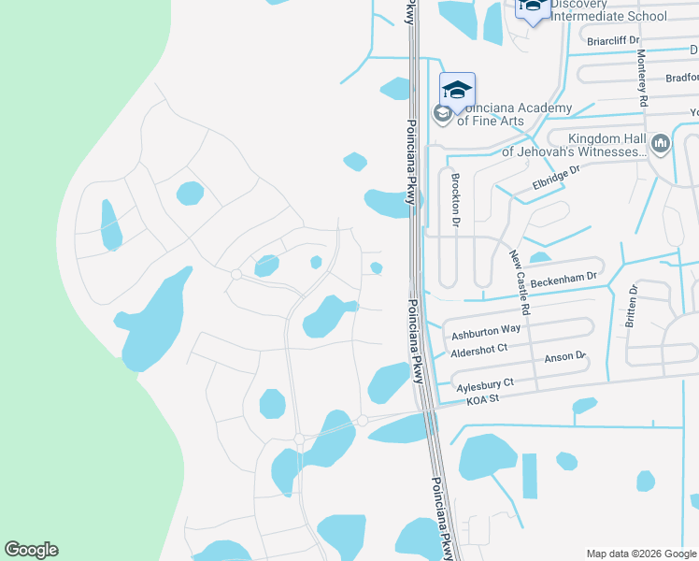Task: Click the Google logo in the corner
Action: [x=32, y=550]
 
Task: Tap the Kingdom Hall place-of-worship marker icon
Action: [x=662, y=144]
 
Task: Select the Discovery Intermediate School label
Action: [x=608, y=9]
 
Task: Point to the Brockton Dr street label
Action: [x=456, y=199]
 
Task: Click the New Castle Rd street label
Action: [x=520, y=281]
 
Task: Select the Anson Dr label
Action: [x=564, y=356]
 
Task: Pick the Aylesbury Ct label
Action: [x=484, y=383]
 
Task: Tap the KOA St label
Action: [x=483, y=399]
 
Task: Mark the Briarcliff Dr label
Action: [x=613, y=40]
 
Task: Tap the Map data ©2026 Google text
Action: [x=640, y=553]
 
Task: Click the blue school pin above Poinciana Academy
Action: [x=457, y=91]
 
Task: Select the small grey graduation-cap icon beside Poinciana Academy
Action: [x=441, y=114]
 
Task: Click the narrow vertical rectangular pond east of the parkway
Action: [x=530, y=475]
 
